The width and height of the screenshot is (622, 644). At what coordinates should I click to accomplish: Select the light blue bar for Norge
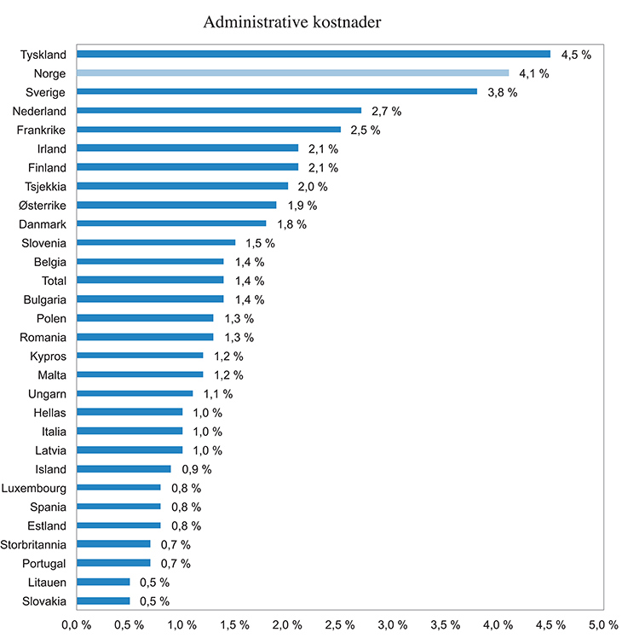pyautogui.click(x=292, y=73)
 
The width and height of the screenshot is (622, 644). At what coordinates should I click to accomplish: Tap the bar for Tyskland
pyautogui.click(x=314, y=55)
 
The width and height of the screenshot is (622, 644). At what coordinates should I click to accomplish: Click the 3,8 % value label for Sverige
pyautogui.click(x=502, y=92)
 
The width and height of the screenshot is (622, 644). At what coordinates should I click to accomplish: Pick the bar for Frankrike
pyautogui.click(x=209, y=130)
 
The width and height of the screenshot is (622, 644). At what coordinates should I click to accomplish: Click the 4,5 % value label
pyautogui.click(x=575, y=55)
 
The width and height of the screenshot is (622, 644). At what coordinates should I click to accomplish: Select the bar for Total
pyautogui.click(x=150, y=280)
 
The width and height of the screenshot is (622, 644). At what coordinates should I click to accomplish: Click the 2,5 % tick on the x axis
pyautogui.click(x=339, y=625)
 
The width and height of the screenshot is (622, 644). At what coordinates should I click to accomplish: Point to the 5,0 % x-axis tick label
pyautogui.click(x=602, y=625)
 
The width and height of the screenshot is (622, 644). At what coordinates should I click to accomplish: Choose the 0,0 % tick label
pyautogui.click(x=77, y=625)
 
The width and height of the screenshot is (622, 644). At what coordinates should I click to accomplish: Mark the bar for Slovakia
pyautogui.click(x=103, y=600)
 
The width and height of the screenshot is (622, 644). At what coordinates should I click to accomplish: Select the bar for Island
pyautogui.click(x=124, y=468)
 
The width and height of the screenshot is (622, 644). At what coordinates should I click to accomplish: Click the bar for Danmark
pyautogui.click(x=171, y=223)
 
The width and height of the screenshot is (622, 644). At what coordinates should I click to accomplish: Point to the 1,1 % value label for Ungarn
pyautogui.click(x=217, y=393)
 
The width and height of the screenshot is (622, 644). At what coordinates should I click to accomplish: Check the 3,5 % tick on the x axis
pyautogui.click(x=445, y=625)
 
